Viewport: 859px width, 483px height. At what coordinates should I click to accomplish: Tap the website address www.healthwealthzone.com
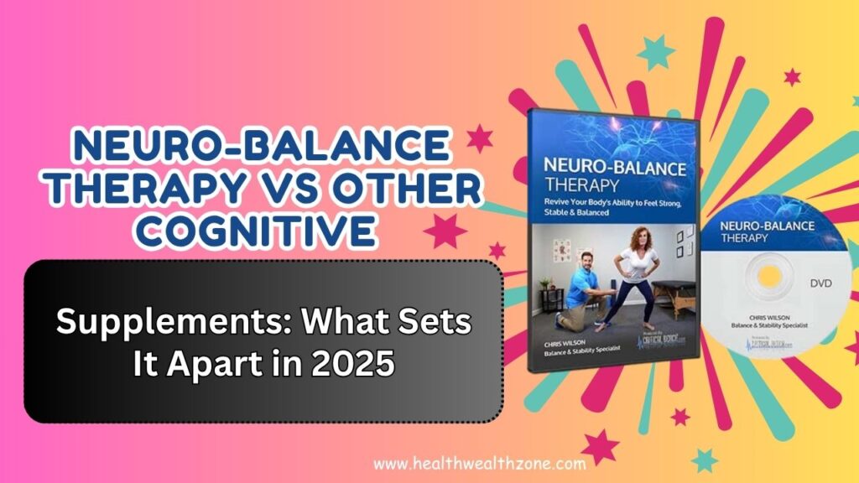(468, 463)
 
